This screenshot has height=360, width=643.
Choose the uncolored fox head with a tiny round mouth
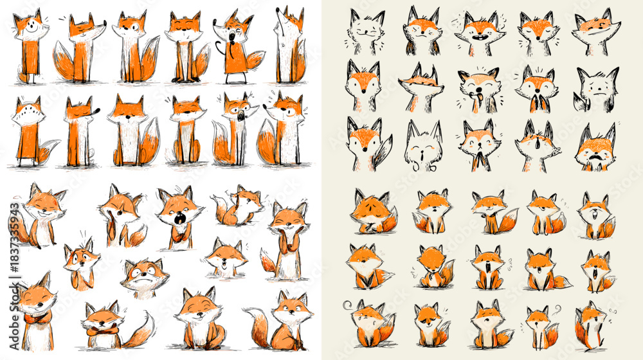[422, 148]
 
